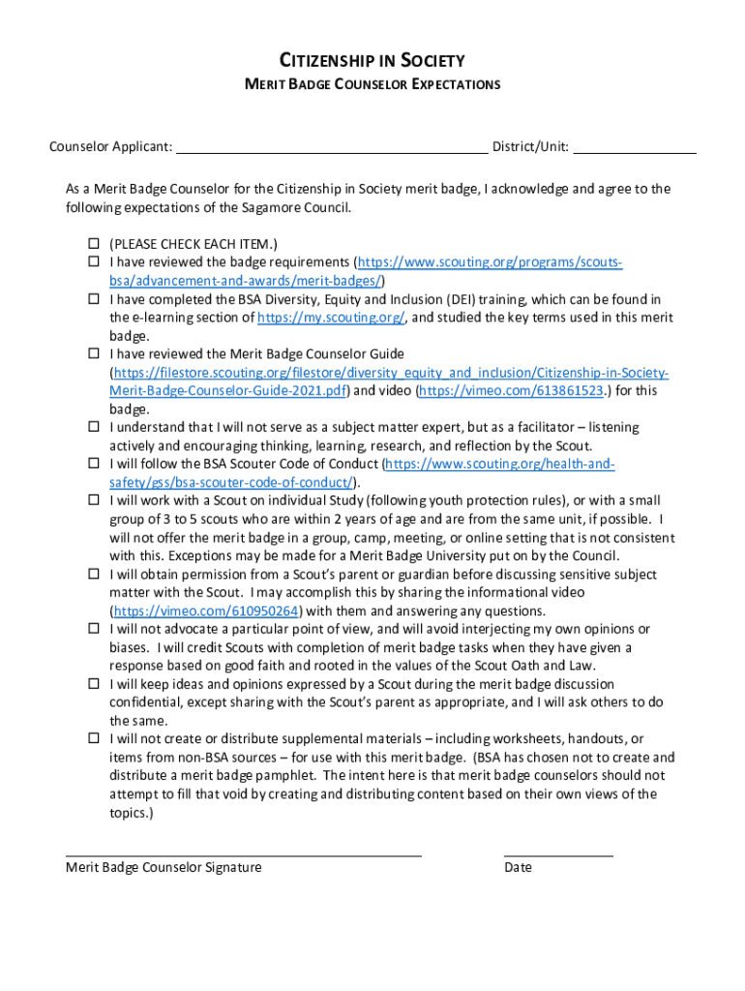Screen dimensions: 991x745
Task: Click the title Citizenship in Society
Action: point(372,61)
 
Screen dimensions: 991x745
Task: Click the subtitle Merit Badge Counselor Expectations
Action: point(372,84)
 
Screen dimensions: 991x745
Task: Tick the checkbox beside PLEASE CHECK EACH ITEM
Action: point(95,244)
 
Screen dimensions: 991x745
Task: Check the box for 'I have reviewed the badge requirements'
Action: point(95,262)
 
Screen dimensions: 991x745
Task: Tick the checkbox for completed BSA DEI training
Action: point(95,299)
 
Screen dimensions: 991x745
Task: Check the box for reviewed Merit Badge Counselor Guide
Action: point(95,353)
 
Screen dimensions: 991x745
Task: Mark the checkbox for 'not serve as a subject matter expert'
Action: point(95,427)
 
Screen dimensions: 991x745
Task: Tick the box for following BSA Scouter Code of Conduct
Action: point(95,464)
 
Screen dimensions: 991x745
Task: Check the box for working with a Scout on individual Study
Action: point(95,500)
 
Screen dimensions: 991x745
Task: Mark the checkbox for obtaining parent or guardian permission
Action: point(95,574)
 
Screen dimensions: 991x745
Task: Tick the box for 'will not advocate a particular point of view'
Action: point(95,629)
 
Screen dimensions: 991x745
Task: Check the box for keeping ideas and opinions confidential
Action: point(95,684)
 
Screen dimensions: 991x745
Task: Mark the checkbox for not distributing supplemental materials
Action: point(95,738)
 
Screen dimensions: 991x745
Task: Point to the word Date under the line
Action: point(518,867)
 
